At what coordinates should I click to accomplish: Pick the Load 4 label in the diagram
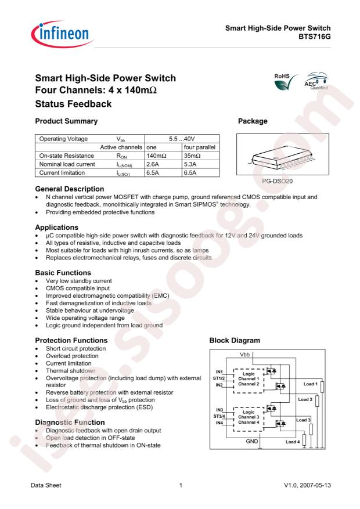tap(294, 442)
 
